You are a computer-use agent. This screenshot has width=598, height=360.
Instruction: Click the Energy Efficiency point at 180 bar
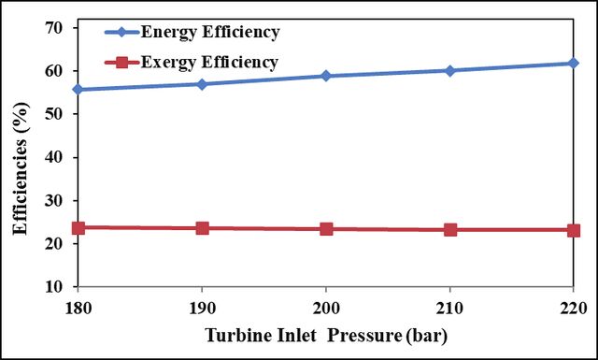point(78,90)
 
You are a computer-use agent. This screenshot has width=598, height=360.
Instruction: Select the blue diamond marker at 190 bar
point(202,84)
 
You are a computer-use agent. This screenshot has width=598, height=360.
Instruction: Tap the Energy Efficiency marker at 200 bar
point(326,76)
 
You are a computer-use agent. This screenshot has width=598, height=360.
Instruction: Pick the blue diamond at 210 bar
point(450,71)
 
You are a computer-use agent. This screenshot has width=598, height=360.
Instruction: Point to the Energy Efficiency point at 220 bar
point(573,63)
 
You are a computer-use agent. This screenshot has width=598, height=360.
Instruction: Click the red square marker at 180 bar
point(78,228)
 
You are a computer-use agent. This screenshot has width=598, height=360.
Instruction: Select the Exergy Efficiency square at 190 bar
point(202,228)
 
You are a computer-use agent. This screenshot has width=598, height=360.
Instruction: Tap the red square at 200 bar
point(326,229)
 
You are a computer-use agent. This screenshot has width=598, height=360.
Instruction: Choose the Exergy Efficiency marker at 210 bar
point(450,230)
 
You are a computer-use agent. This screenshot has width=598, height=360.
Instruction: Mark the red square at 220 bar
point(573,231)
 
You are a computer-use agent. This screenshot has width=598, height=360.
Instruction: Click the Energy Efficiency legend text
point(210,33)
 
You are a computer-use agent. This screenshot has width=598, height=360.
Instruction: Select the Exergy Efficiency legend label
point(209,63)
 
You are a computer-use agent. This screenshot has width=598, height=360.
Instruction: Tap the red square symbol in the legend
point(122,62)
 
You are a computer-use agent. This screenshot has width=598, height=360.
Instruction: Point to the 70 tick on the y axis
point(54,27)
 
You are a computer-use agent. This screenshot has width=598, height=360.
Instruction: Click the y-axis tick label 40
point(54,157)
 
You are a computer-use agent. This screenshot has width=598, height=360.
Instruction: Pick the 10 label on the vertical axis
point(54,286)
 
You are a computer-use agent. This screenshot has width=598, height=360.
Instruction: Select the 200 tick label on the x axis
point(326,308)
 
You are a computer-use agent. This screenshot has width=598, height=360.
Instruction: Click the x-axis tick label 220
point(574,308)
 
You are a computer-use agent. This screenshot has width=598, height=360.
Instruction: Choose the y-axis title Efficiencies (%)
point(21,168)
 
